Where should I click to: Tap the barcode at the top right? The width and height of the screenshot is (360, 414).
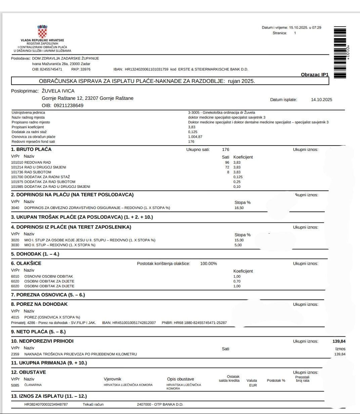pos(340,52)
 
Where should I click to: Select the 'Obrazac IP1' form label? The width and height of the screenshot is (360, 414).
pos(315,75)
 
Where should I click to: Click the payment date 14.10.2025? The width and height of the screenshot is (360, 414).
pos(321,99)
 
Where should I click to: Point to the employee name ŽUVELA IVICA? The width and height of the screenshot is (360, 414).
pos(58,91)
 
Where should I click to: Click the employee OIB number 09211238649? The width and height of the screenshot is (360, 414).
pos(69,106)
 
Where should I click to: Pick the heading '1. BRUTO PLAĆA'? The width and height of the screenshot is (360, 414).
pos(31,149)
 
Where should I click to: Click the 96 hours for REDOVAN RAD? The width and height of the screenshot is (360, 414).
pos(227,162)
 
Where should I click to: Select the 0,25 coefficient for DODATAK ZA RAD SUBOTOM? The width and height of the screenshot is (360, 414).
pos(237,182)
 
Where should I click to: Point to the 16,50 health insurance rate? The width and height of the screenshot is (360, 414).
pos(239,208)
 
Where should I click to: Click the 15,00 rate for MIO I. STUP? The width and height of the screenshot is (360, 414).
pos(239,240)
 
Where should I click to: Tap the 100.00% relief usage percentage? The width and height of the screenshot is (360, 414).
pos(209,263)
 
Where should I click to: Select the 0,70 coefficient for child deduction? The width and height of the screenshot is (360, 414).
pos(237,281)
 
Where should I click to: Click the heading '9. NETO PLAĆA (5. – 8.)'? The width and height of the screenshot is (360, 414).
pos(38,332)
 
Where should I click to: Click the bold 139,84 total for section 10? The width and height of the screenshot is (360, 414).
pos(339,341)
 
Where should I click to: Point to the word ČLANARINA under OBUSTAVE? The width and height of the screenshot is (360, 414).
pos(33,385)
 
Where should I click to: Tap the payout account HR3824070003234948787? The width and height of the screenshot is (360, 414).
pos(46,404)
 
